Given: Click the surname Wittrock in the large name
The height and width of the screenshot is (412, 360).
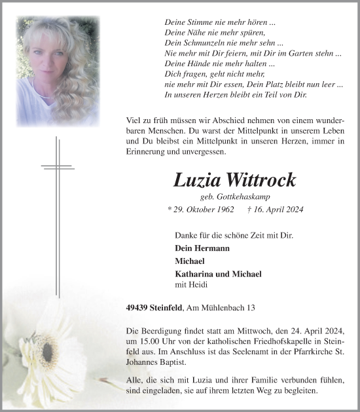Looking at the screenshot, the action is pos(262,180).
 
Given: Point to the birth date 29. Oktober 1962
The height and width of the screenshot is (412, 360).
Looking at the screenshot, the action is pos(201,210).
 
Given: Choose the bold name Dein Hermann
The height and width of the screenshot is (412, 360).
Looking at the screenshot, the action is pos(202,249).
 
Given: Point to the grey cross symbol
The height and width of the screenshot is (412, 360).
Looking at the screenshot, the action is pos(57,167).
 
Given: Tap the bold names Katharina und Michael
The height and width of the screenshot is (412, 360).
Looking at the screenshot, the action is pos(218,274).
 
